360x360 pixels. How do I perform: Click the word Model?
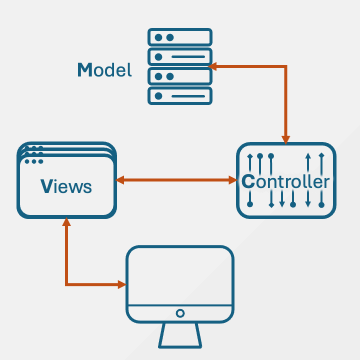[104, 70]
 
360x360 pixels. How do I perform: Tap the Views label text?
[66, 186]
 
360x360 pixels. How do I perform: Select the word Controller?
[285, 181]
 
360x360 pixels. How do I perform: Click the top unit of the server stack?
[180, 37]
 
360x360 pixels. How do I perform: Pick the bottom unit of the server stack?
[180, 95]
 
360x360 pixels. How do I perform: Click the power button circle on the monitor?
[180, 313]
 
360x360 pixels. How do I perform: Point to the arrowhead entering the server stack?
[212, 66]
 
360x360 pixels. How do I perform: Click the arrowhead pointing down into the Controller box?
[285, 139]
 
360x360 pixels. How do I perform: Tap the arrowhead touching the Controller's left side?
[232, 180]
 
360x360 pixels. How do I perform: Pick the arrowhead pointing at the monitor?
[121, 285]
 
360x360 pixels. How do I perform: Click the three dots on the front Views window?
[33, 161]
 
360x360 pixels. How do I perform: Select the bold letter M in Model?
[85, 70]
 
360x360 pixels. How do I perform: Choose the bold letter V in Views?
[46, 186]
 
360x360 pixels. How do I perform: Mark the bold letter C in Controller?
[248, 181]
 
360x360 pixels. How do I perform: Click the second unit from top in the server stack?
[180, 56]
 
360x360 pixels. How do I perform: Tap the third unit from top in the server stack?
[180, 76]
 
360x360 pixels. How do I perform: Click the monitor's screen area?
[180, 275]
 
